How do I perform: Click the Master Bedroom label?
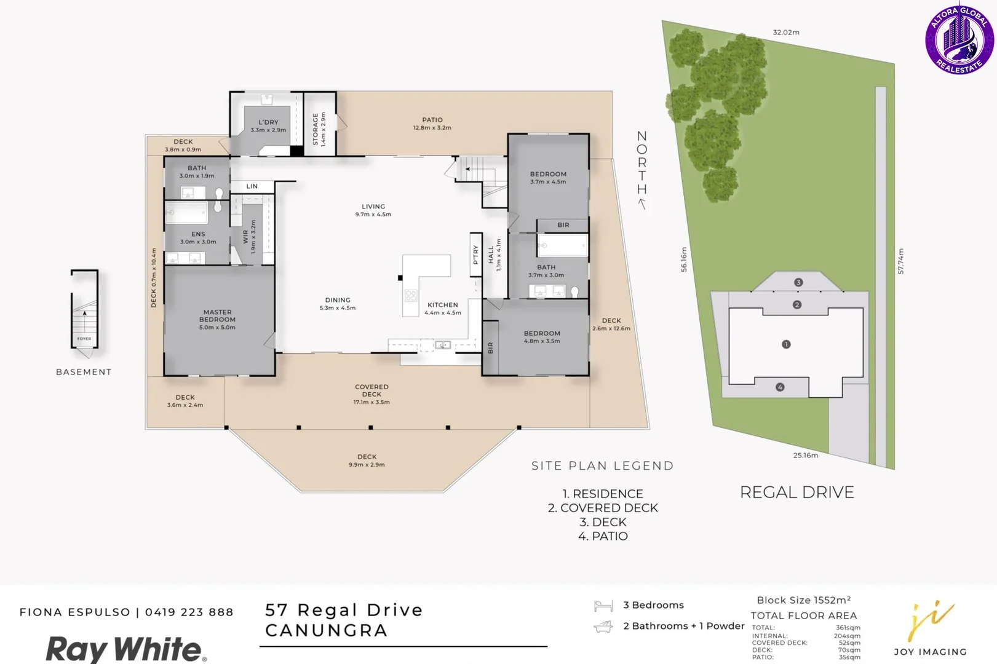[217, 316]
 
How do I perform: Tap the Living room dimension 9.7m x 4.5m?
[373, 215]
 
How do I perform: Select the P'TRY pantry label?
[475, 255]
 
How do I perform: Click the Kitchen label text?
[443, 305]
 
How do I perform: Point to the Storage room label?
[316, 129]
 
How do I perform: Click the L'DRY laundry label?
[268, 122]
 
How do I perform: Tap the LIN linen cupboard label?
[252, 186]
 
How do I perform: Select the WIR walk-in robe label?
[246, 237]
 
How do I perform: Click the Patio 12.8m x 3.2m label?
[432, 124]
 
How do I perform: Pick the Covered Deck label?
[371, 391]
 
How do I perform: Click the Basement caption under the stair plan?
[84, 372]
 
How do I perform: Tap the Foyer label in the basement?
[84, 339]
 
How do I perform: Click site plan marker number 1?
[786, 344]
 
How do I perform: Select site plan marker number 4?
[780, 387]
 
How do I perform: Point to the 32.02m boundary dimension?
[786, 33]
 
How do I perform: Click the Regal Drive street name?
[797, 492]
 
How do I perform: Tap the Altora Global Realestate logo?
[959, 40]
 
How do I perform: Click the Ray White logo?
[125, 649]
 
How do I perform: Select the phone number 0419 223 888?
[189, 612]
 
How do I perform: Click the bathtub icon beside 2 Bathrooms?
[603, 626]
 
